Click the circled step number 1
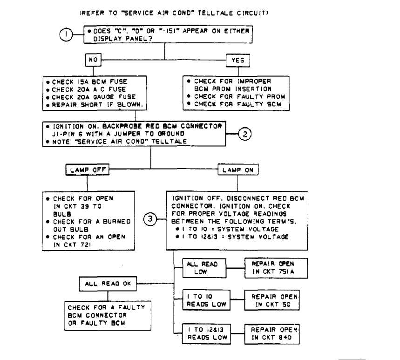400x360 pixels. tap(66, 34)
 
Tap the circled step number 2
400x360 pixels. tap(245, 134)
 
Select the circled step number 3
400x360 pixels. tap(150, 219)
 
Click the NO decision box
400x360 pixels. tap(93, 60)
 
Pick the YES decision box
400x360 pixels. tap(238, 61)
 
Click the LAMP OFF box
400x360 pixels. tap(88, 170)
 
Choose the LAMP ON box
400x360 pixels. tap(238, 170)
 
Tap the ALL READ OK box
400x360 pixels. tap(108, 284)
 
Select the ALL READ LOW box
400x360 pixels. tap(204, 268)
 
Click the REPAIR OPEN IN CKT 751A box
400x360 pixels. tap(276, 268)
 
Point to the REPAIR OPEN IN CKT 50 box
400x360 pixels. tap(272, 300)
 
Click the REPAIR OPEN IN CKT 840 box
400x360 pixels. tap(272, 334)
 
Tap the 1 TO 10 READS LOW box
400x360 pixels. tap(206, 300)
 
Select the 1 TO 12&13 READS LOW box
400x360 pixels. tap(206, 334)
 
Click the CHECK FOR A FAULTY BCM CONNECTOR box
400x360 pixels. tap(108, 316)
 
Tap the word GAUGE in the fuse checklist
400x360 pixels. tap(103, 97)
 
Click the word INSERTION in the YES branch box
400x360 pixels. tap(253, 89)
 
